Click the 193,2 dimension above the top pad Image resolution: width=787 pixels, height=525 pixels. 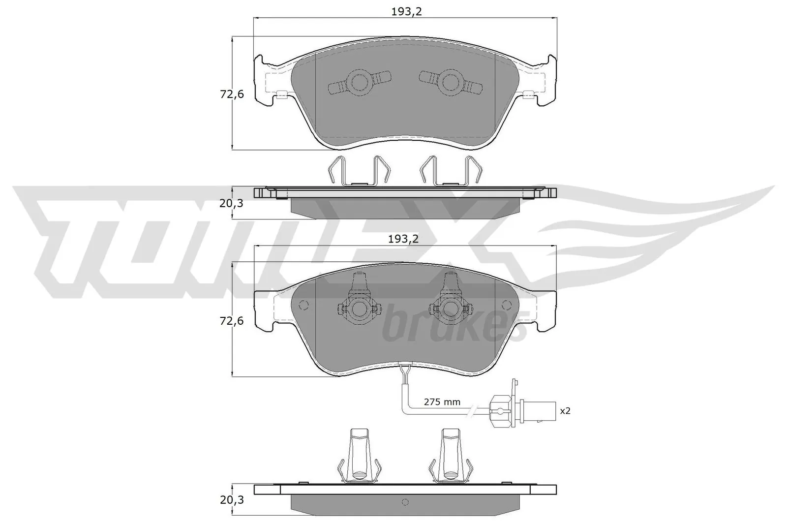(406, 12)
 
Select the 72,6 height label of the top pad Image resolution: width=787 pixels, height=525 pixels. (232, 94)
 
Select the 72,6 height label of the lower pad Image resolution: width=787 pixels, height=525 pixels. (232, 321)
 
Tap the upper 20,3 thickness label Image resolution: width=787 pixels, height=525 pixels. (232, 202)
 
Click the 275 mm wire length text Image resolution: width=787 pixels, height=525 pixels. (442, 402)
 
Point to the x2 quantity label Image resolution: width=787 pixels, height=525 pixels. (565, 410)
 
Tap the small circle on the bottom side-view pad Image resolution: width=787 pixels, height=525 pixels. (405, 502)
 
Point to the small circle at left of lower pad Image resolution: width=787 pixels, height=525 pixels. (303, 305)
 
